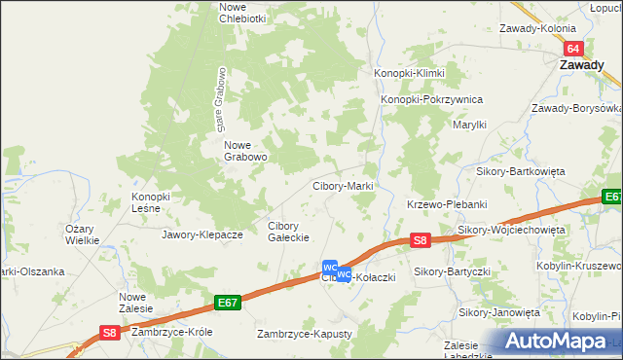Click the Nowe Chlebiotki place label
(242, 13)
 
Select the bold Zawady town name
(585, 65)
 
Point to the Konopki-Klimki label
(410, 74)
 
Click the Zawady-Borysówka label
(576, 108)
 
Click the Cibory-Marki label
(343, 186)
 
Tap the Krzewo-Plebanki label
(446, 204)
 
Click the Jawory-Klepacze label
(202, 234)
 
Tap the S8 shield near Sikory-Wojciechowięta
(420, 238)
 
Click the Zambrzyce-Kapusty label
(303, 334)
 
